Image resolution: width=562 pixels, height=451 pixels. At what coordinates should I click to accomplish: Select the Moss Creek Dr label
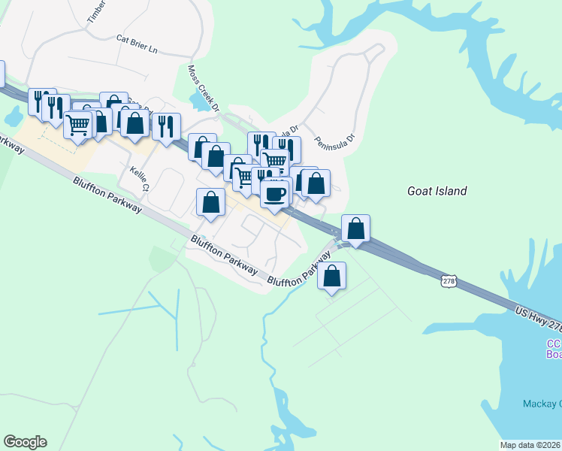pos(204,87)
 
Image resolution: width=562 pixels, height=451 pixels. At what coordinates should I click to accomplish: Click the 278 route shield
pos(449,280)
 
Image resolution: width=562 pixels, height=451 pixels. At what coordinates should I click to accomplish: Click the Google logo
pos(25,442)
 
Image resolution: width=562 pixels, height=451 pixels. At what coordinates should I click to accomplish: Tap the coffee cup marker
pos(274,194)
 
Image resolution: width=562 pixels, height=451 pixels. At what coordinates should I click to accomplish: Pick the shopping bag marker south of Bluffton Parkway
pos(332,276)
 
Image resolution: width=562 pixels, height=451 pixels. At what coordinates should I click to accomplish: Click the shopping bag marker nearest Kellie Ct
pos(210,201)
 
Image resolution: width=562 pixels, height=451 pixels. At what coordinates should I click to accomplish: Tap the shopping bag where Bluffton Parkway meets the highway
pos(355,229)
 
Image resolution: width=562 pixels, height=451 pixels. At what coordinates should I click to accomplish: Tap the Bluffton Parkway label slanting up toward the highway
pos(300,269)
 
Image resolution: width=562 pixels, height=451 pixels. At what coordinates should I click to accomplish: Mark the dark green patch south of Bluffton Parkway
pos(160,259)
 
